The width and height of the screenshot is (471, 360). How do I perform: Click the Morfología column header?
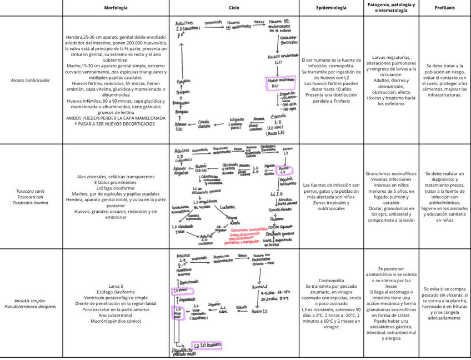click(x=116, y=8)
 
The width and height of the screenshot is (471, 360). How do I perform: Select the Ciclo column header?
click(x=234, y=8)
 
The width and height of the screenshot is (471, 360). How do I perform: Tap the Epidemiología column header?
click(x=331, y=8)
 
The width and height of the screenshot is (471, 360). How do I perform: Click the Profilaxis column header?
click(x=444, y=8)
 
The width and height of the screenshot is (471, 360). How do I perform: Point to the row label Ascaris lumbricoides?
click(x=30, y=80)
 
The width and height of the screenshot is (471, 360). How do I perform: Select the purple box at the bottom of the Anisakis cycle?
click(x=204, y=346)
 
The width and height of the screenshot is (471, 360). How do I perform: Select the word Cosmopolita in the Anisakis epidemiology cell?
click(x=331, y=280)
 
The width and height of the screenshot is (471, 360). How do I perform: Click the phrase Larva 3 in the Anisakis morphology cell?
click(x=116, y=286)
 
